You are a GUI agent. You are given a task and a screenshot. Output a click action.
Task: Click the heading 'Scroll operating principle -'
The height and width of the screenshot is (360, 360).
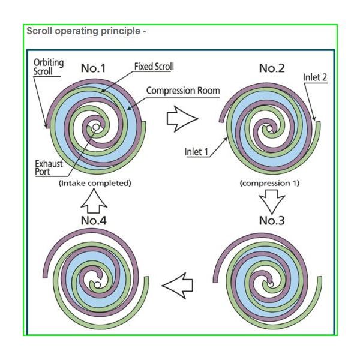(86, 31)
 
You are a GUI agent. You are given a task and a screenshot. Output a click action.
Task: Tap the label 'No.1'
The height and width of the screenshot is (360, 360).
(93, 68)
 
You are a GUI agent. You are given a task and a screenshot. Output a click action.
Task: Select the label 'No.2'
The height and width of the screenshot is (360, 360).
(271, 68)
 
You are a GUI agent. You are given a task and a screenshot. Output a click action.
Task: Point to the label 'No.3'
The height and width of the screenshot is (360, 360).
(271, 220)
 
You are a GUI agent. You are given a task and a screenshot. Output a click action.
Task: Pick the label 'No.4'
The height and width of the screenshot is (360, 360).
(93, 220)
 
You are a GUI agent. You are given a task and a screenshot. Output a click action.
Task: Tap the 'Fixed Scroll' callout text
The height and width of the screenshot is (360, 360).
(154, 67)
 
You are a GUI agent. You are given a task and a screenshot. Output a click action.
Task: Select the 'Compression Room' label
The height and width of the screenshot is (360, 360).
(183, 91)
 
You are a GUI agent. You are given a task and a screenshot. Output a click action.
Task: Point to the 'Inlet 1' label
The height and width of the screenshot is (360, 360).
(196, 152)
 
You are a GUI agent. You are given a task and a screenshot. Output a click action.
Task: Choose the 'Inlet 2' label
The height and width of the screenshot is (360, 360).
(314, 77)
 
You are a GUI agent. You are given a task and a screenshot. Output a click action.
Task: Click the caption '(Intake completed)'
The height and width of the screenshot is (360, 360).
(95, 183)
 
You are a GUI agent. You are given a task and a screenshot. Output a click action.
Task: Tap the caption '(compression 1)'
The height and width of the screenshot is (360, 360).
(269, 183)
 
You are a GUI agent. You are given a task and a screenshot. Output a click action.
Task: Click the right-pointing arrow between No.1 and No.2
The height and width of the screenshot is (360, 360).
(182, 118)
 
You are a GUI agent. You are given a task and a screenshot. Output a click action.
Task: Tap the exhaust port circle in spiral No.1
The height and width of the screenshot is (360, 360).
(95, 127)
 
